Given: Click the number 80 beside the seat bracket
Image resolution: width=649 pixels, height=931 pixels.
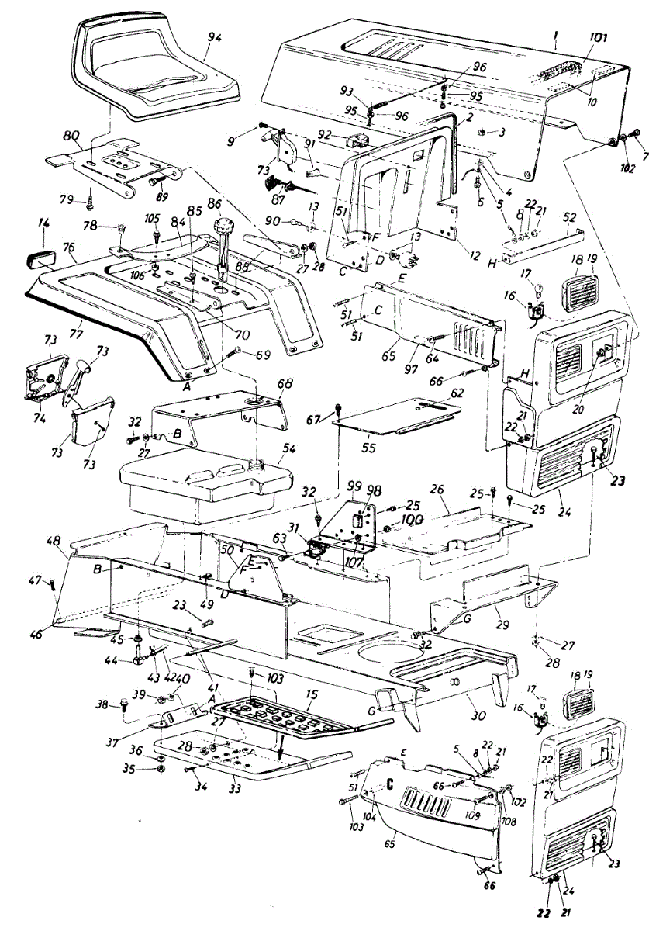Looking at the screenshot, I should click(x=72, y=135).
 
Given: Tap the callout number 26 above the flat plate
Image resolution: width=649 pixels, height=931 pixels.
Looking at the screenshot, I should click(x=438, y=491).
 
